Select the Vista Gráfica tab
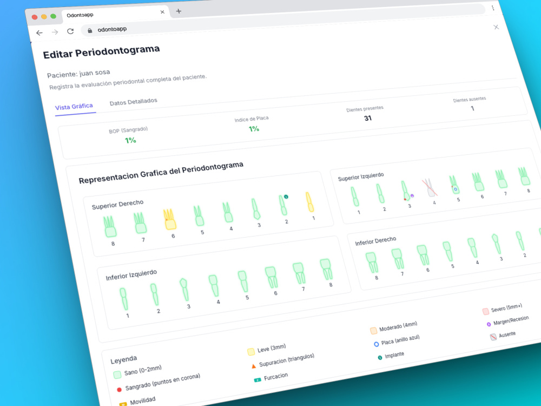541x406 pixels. (x=74, y=107)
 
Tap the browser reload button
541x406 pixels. (x=70, y=31)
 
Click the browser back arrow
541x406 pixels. (x=39, y=33)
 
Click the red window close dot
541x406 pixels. (x=35, y=17)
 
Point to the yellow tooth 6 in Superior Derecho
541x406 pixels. (x=169, y=219)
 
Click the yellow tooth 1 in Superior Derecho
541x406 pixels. (x=309, y=202)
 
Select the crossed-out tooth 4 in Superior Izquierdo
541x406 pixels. (x=430, y=188)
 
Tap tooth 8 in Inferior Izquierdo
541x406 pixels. (x=326, y=269)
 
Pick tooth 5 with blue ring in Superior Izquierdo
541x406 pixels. (x=454, y=185)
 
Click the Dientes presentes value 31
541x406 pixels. (x=368, y=118)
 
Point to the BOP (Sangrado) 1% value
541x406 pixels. (x=130, y=140)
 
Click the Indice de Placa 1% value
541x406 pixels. (x=254, y=129)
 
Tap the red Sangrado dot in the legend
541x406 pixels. (x=120, y=390)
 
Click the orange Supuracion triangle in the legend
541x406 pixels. (x=254, y=366)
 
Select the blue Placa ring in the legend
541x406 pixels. (x=376, y=344)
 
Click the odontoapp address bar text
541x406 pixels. (x=112, y=29)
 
